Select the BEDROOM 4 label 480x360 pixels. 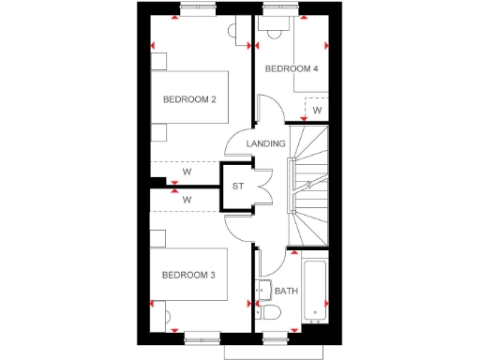(x=291, y=68)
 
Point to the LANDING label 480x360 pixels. (x=265, y=143)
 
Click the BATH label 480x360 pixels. (x=286, y=291)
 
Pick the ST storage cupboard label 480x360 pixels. (x=238, y=187)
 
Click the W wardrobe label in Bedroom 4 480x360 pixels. (x=317, y=110)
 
